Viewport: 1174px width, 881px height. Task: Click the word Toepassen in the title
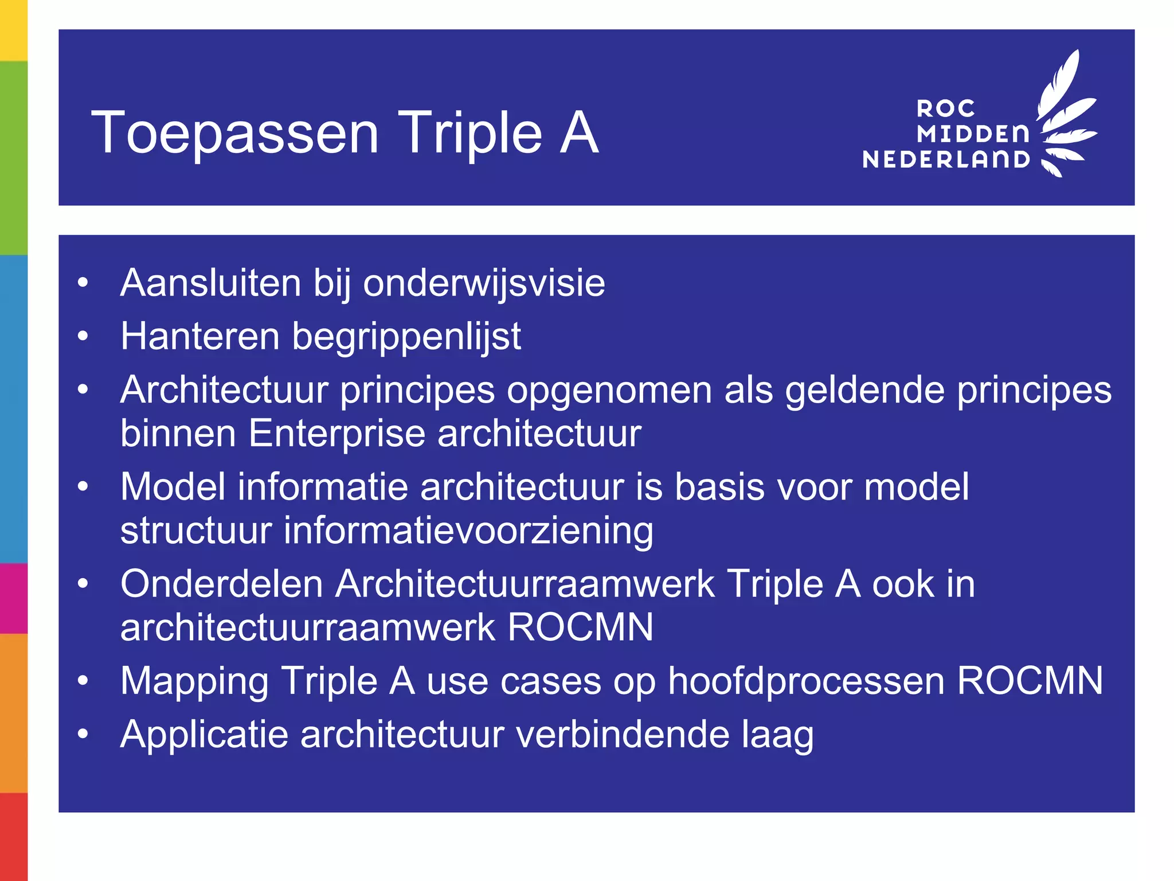(235, 134)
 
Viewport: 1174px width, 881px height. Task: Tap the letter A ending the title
(579, 133)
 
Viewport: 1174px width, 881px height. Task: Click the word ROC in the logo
(946, 108)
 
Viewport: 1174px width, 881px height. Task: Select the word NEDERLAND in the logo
(946, 159)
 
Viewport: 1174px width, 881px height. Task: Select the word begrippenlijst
(406, 337)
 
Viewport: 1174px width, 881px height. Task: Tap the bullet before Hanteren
(83, 336)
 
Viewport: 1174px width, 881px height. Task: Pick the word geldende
(865, 391)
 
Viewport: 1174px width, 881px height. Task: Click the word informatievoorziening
(468, 531)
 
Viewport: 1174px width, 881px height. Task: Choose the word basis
(719, 487)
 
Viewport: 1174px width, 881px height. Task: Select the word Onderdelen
(222, 584)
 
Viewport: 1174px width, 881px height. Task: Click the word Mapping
(194, 682)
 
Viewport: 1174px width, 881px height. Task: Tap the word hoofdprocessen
(806, 681)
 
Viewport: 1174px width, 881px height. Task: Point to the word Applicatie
(204, 734)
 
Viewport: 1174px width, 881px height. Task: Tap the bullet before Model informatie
(83, 487)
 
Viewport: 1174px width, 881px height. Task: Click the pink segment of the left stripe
(13, 598)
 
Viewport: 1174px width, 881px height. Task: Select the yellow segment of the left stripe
(13, 30)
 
